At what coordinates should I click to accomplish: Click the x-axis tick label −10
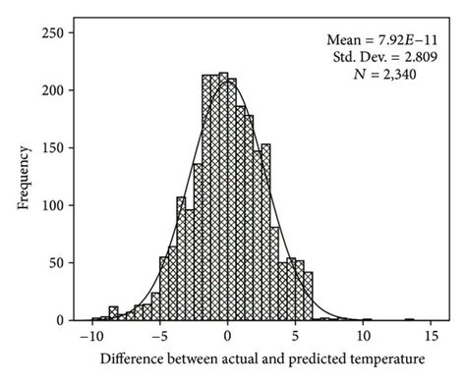[x=91, y=336]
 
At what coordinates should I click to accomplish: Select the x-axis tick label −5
[x=159, y=336]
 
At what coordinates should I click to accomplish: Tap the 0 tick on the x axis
[x=228, y=336]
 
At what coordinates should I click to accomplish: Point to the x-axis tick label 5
[x=296, y=336]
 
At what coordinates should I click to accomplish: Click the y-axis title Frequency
[x=22, y=177]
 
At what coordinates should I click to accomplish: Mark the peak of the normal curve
[x=228, y=81]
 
